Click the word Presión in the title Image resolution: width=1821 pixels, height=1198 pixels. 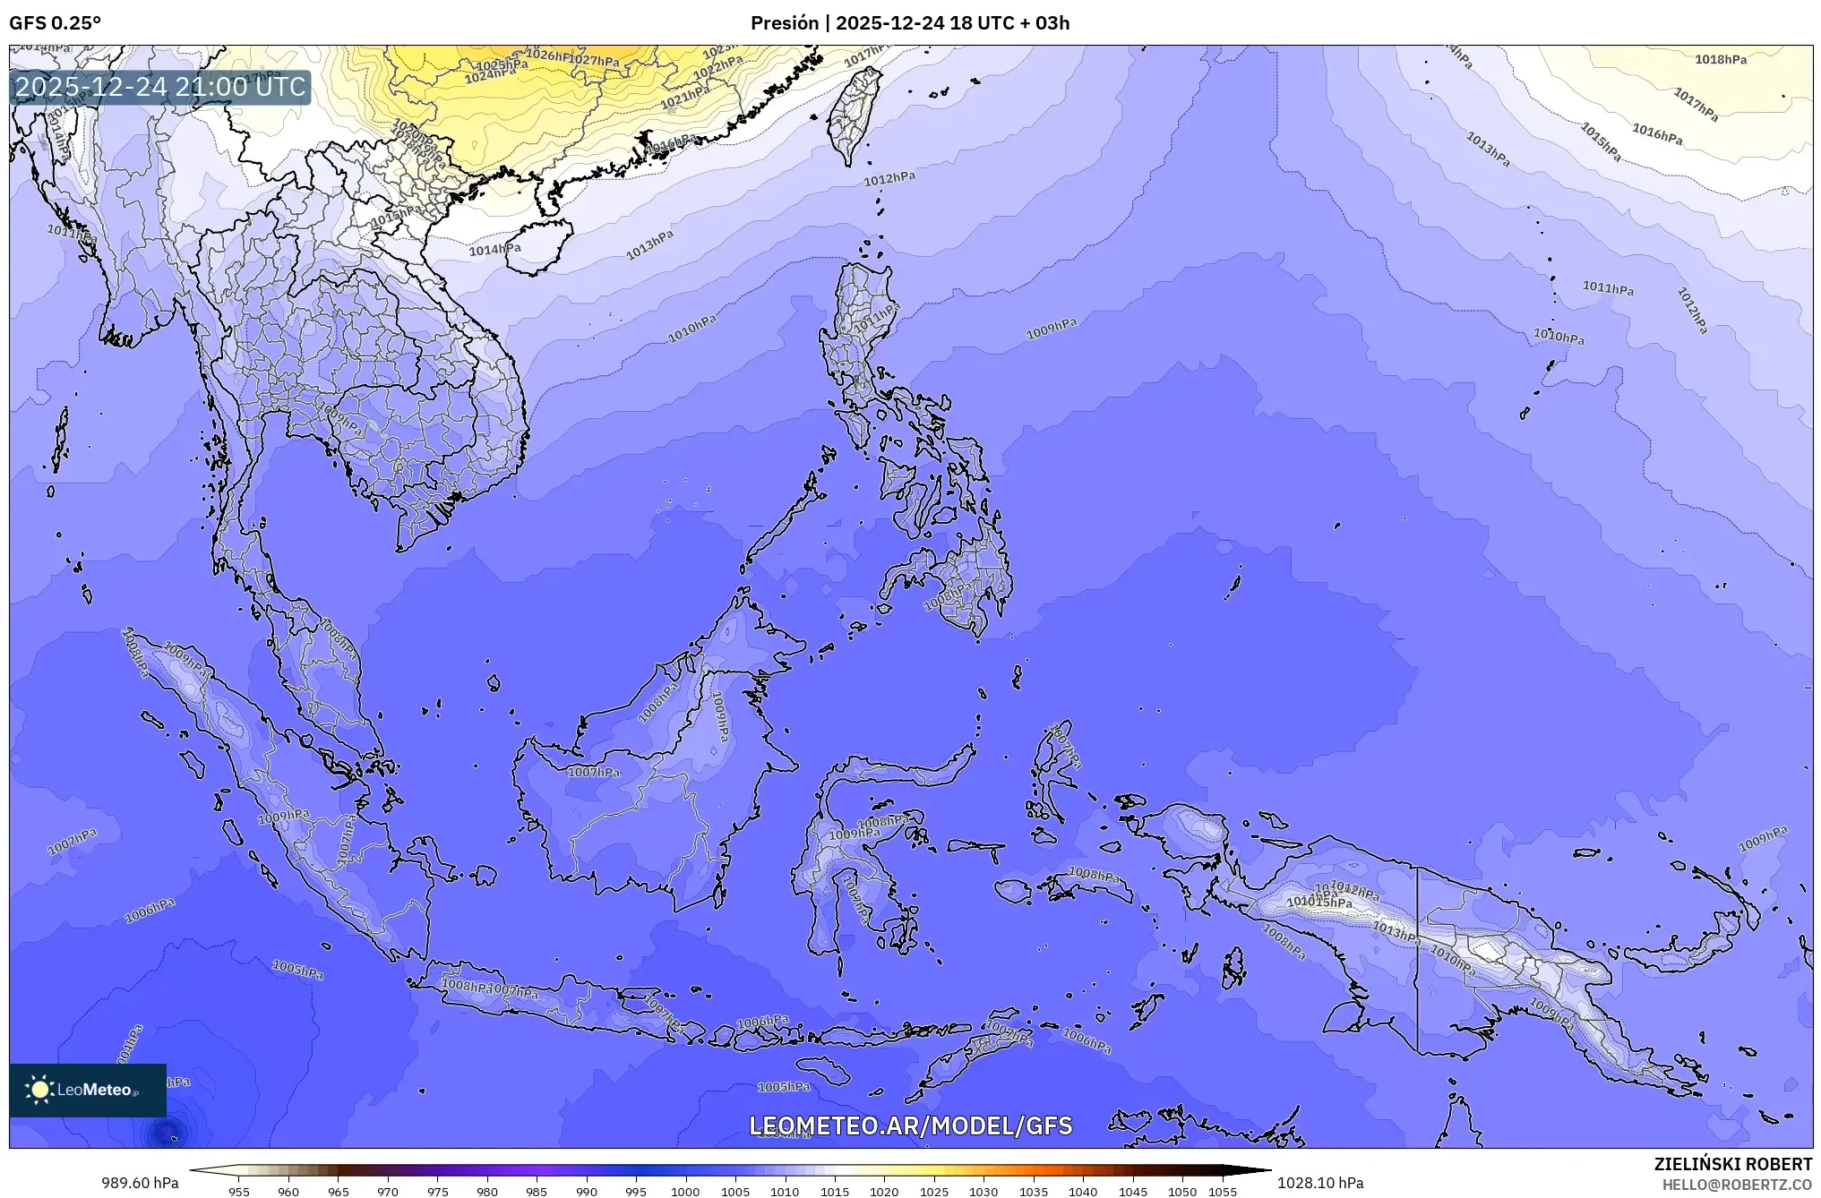pyautogui.click(x=783, y=23)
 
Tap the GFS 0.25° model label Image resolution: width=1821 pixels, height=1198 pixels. pyautogui.click(x=55, y=23)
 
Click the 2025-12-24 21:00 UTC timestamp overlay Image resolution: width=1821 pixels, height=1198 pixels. pyautogui.click(x=161, y=87)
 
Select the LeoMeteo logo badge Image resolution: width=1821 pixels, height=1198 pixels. pyautogui.click(x=88, y=1090)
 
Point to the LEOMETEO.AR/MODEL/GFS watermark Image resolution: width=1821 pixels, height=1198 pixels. pyautogui.click(x=910, y=1125)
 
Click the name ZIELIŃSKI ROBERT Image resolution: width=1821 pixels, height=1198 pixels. pyautogui.click(x=1732, y=1164)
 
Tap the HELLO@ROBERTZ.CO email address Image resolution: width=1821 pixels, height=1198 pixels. pyautogui.click(x=1737, y=1185)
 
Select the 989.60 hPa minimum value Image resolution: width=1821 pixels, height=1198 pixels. pyautogui.click(x=140, y=1183)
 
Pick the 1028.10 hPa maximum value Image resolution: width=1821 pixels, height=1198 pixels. pyautogui.click(x=1320, y=1183)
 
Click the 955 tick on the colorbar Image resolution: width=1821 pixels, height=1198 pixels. pyautogui.click(x=239, y=1192)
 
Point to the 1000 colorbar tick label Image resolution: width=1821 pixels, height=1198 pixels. pyautogui.click(x=685, y=1192)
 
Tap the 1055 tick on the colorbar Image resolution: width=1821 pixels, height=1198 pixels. pyautogui.click(x=1222, y=1192)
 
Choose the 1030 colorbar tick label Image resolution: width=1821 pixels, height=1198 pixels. pyautogui.click(x=984, y=1192)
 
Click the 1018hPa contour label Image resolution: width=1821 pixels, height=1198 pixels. pyautogui.click(x=1720, y=60)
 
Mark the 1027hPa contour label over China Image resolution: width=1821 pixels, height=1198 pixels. pyautogui.click(x=594, y=61)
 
